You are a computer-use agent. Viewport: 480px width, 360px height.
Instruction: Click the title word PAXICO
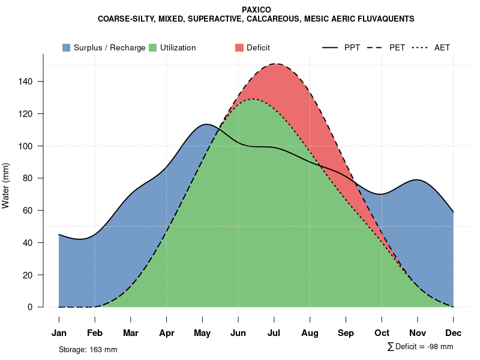256,10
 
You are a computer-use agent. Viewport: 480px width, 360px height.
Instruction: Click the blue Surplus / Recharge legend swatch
66,47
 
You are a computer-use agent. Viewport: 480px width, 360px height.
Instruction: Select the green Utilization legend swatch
152,47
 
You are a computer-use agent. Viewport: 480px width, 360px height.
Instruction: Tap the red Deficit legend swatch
239,47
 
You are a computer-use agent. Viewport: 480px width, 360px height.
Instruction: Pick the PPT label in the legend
352,47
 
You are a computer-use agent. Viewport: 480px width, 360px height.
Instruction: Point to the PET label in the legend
397,47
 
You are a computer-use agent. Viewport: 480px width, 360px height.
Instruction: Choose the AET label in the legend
442,47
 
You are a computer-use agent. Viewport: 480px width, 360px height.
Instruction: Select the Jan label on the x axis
59,333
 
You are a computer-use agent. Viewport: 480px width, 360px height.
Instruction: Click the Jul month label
274,333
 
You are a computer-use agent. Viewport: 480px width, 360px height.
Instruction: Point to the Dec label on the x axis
454,333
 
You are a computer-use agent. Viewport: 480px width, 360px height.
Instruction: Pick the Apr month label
167,333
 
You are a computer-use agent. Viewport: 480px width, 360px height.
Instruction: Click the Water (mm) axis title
6,185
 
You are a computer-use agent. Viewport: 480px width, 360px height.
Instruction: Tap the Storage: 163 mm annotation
88,349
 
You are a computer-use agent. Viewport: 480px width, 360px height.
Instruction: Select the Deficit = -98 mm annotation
424,346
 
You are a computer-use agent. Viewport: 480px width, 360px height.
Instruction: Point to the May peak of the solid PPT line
206,124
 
